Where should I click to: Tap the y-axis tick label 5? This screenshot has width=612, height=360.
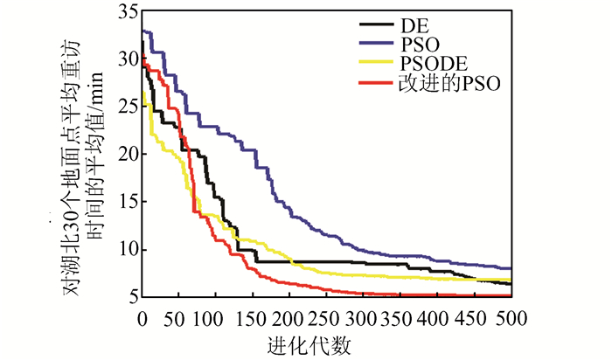coord(130,297)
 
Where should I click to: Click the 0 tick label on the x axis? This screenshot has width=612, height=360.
coord(143,318)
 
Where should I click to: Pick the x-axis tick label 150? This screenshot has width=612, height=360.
coord(254,318)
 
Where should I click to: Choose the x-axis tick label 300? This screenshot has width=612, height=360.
coord(364,318)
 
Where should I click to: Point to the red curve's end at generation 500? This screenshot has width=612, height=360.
coord(510,295)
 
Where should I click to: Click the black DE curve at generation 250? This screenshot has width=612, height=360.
coord(327,261)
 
